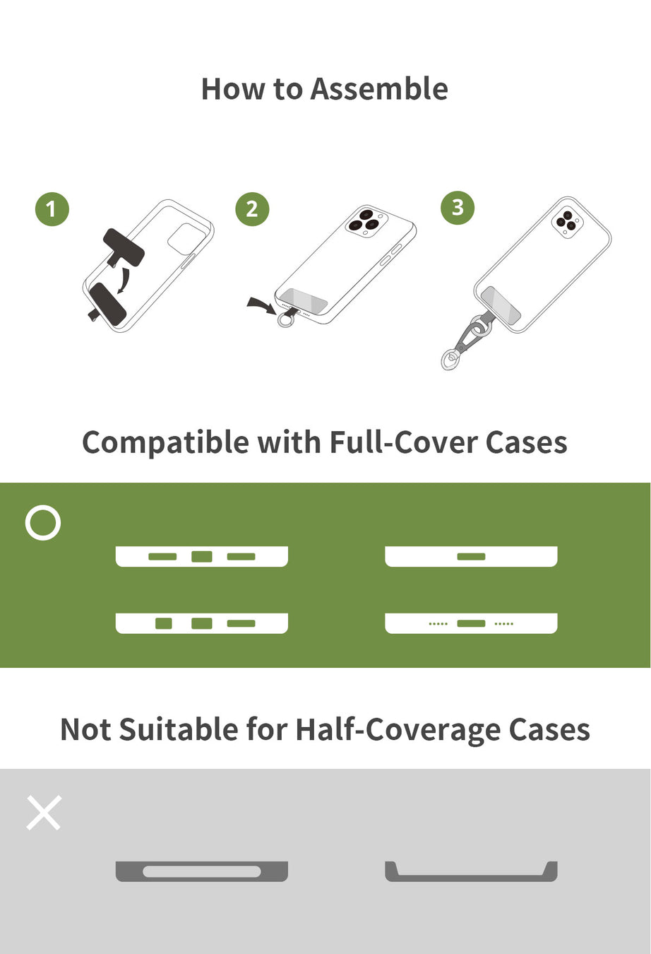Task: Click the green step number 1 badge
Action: (x=52, y=209)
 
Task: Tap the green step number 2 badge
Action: (x=252, y=209)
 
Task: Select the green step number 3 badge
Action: (x=458, y=208)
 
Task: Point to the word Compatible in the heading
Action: (x=165, y=443)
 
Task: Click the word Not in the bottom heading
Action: (x=86, y=729)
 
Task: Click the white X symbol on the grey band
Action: (x=44, y=813)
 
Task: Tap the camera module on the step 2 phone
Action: (x=366, y=221)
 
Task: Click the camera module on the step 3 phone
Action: (x=568, y=222)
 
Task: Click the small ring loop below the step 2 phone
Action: (x=285, y=319)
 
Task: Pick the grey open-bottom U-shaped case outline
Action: (x=471, y=878)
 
